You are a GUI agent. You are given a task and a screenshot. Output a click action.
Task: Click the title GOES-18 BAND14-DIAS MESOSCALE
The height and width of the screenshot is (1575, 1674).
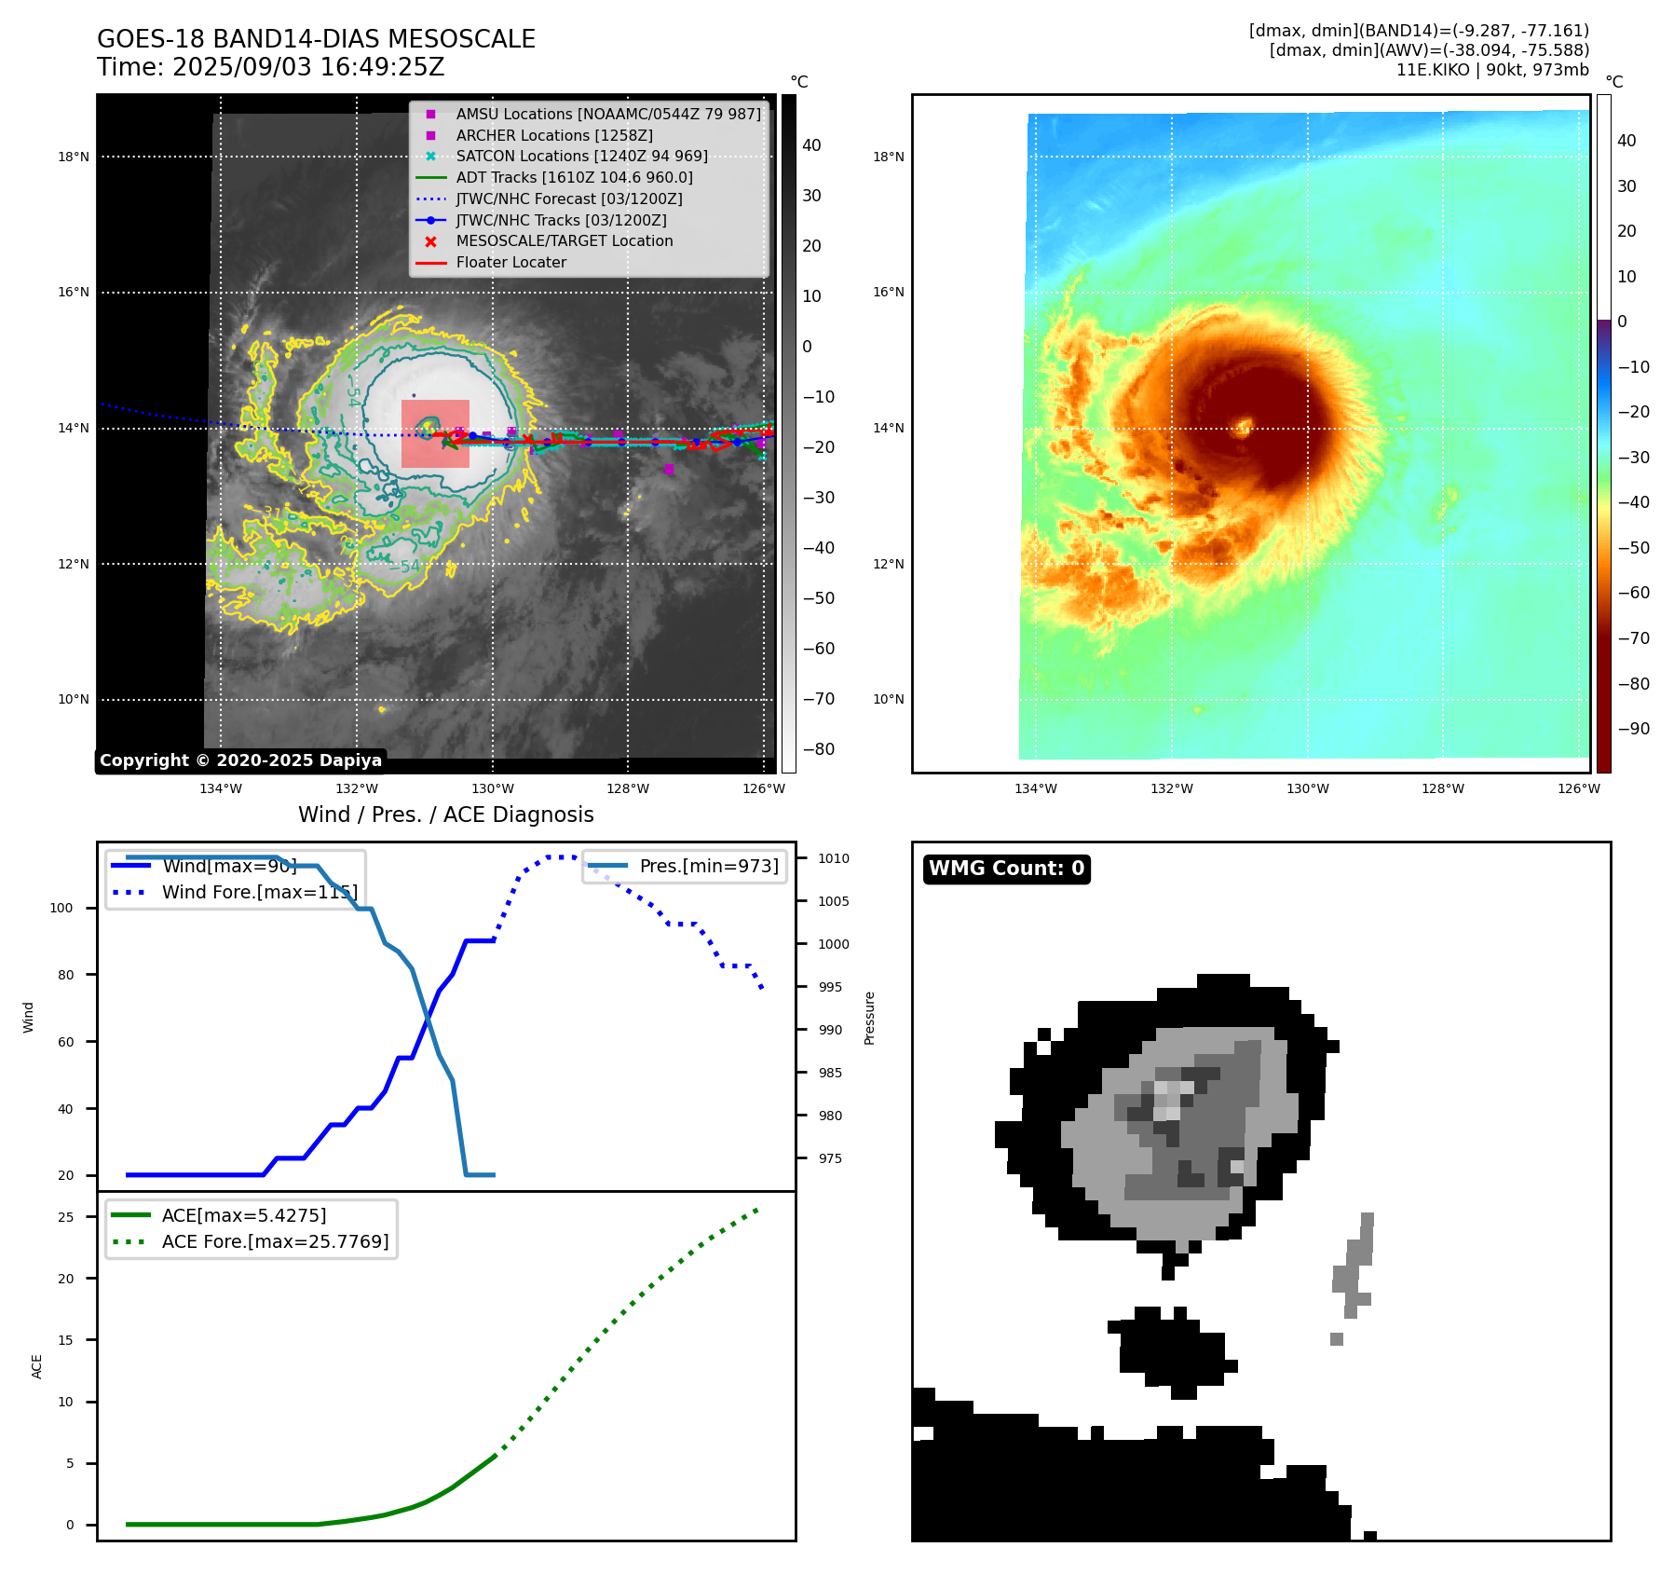click(x=316, y=39)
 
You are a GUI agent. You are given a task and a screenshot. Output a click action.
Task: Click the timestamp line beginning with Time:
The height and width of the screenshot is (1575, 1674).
click(x=270, y=67)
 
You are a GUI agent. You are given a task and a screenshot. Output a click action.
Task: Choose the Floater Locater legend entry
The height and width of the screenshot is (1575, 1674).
click(x=510, y=262)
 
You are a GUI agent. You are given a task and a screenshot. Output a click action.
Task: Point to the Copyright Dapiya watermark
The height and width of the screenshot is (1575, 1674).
click(x=240, y=760)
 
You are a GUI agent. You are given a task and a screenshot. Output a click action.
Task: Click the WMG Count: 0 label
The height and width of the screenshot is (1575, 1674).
click(x=1006, y=869)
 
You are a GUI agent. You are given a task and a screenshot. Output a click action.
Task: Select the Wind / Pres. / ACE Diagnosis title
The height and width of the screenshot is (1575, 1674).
click(x=445, y=815)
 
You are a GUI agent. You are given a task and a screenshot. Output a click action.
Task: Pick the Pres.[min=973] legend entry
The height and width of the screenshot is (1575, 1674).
click(x=708, y=866)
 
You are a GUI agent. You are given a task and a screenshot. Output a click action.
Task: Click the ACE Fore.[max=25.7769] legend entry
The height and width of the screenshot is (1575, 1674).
click(x=275, y=1241)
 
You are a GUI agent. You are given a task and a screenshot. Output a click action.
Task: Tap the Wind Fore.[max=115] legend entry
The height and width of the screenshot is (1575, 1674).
click(x=259, y=892)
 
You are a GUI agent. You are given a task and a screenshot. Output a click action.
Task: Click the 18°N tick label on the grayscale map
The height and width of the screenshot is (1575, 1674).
click(x=74, y=157)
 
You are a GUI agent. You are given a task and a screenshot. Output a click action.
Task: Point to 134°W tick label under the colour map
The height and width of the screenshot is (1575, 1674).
click(x=1035, y=788)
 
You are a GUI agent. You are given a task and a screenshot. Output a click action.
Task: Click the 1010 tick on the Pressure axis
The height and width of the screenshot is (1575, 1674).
click(x=834, y=858)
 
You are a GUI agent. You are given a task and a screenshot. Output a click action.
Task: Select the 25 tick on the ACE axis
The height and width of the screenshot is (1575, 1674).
click(x=65, y=1217)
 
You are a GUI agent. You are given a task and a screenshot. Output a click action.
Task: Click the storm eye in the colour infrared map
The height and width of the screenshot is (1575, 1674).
click(x=1243, y=429)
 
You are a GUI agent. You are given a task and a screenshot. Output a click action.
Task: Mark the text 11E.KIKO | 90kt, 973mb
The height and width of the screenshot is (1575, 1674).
click(x=1492, y=70)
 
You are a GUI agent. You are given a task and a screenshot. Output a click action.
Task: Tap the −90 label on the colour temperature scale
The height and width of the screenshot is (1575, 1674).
click(x=1633, y=729)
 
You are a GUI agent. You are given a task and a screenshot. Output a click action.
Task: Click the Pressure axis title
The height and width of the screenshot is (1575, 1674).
click(x=869, y=1018)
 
